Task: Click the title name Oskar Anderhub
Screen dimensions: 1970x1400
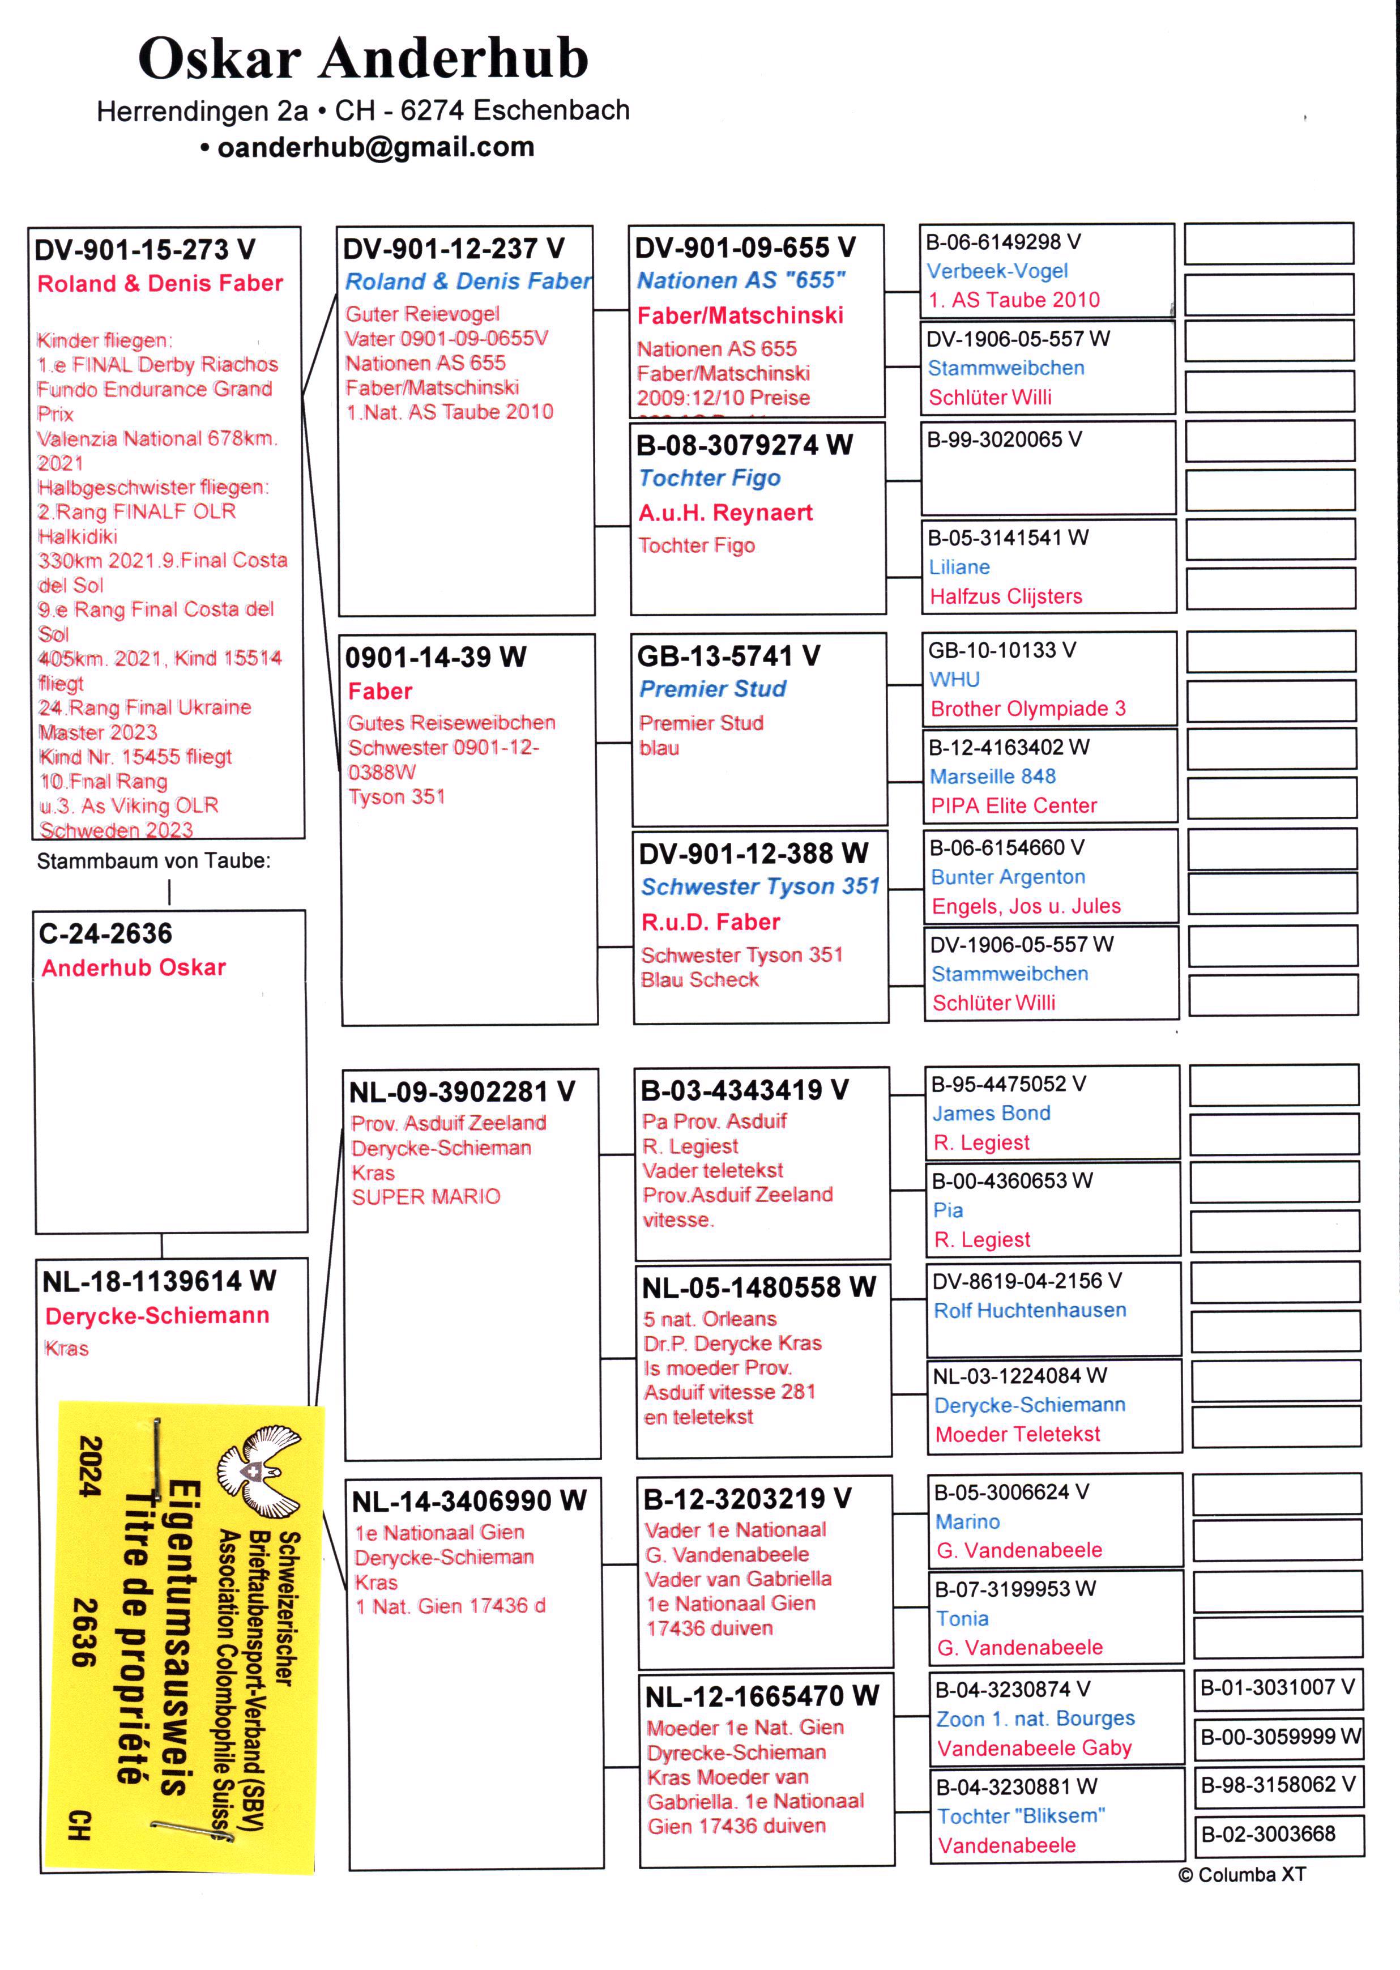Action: click(363, 59)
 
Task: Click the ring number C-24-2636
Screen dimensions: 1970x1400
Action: click(105, 933)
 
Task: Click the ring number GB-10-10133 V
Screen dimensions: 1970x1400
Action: click(1002, 650)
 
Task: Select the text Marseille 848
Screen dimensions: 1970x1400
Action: click(992, 776)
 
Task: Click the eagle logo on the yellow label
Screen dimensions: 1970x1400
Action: click(259, 1471)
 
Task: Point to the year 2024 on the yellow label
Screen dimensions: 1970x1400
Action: click(91, 1466)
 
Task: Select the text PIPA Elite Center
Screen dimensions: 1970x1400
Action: click(1014, 806)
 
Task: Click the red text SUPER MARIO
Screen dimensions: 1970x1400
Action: click(426, 1197)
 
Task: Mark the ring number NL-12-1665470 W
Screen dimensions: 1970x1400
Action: click(762, 1696)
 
